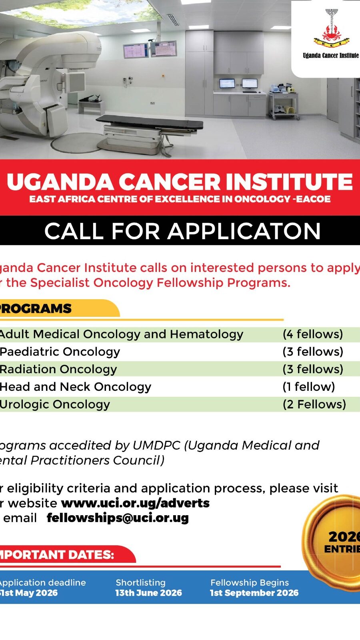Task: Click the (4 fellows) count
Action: [313, 334]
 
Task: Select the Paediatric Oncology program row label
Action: [60, 352]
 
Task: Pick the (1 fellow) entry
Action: [309, 387]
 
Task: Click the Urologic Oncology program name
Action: [55, 404]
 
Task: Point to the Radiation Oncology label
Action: [58, 369]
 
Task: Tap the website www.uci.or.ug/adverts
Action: [135, 503]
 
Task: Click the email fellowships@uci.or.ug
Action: [118, 518]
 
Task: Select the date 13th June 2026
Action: [148, 593]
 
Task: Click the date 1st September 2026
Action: [254, 593]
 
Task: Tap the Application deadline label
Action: [43, 582]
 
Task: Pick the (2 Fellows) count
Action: [314, 404]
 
